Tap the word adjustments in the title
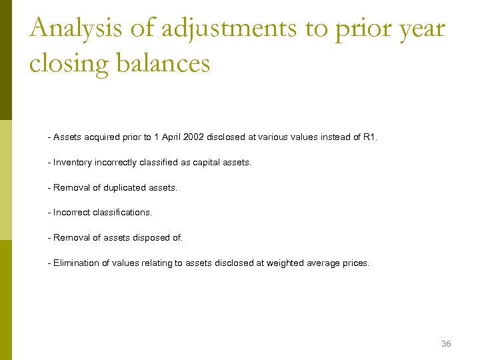[x=225, y=29]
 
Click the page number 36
[x=446, y=344]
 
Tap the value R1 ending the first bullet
[x=370, y=137]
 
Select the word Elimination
[x=76, y=263]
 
